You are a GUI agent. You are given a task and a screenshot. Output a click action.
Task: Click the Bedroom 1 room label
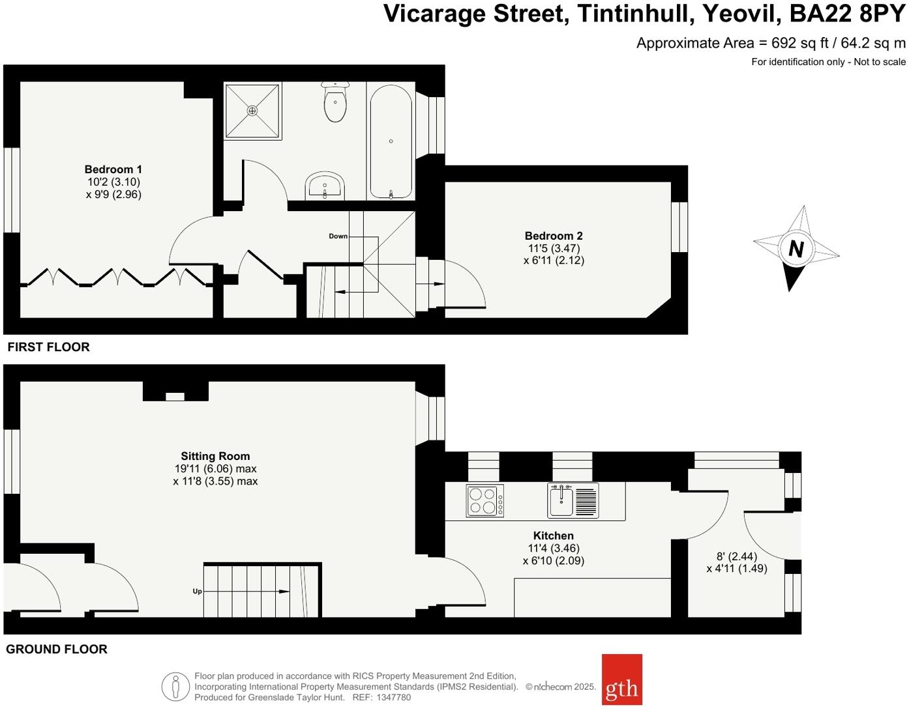(113, 169)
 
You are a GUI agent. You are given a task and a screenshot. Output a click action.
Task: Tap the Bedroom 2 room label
(554, 236)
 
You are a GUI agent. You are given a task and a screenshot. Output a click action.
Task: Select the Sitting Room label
(215, 456)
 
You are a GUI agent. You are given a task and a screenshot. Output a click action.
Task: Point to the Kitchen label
(553, 535)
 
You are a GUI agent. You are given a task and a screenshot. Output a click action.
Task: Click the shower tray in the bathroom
(253, 111)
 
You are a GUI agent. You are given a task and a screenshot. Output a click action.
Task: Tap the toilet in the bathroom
(335, 103)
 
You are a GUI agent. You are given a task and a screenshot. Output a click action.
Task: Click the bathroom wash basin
(325, 187)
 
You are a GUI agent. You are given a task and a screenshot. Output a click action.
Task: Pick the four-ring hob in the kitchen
(484, 501)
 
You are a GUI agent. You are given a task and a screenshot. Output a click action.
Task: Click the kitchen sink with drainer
(573, 500)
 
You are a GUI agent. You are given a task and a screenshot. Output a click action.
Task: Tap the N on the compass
(796, 249)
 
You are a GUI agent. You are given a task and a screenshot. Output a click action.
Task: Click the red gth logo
(621, 679)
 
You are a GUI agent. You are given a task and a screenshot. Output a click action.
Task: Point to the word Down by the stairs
(338, 236)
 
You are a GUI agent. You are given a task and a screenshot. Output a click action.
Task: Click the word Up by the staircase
(197, 592)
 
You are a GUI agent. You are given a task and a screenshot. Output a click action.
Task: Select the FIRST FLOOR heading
(49, 347)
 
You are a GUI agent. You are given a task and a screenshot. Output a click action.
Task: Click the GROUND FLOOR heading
(57, 649)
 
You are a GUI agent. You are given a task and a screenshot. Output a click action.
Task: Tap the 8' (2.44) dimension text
(737, 556)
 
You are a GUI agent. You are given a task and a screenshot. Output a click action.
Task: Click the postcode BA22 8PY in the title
(847, 13)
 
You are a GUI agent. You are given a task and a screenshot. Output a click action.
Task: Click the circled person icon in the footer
(175, 687)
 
